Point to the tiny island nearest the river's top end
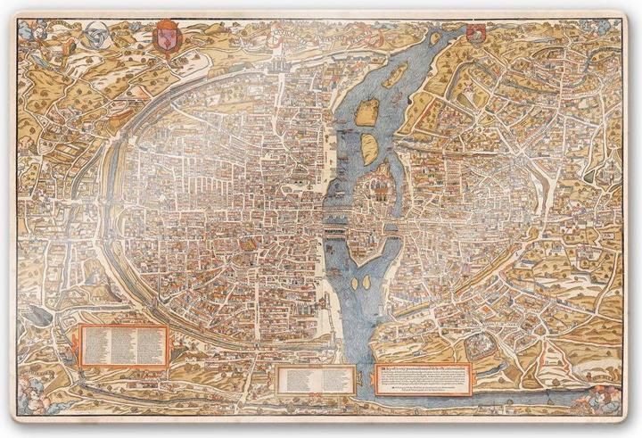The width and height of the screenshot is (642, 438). click(434, 39)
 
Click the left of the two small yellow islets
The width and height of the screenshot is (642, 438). click(355, 283)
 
